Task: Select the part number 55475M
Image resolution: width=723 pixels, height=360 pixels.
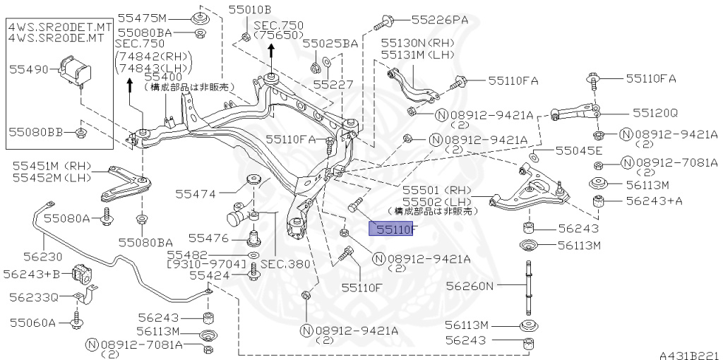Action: coord(142,18)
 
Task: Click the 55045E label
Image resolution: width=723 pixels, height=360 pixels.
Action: coord(578,151)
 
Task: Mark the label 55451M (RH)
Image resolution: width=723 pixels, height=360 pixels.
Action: coord(52,166)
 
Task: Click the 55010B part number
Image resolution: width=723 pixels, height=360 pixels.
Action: coord(249,10)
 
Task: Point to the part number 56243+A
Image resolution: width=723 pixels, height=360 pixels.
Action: coord(655,201)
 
